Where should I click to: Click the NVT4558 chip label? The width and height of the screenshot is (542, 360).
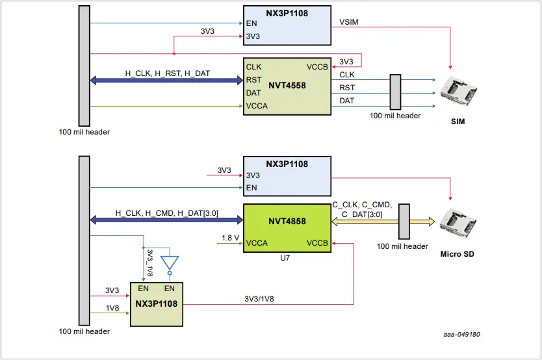[287, 85]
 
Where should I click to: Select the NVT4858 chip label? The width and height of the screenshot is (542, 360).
[287, 221]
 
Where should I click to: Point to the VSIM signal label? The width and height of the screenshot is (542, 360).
[349, 22]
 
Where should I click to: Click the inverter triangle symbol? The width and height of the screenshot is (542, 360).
[170, 263]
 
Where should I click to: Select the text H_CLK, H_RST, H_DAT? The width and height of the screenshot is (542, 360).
[167, 73]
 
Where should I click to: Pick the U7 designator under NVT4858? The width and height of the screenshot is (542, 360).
[286, 259]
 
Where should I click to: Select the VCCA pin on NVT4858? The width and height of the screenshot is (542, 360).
[257, 244]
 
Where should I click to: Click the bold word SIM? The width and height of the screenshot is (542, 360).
[459, 122]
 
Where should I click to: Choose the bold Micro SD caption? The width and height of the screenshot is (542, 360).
[458, 254]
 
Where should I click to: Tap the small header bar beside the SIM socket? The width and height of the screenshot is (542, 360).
[394, 92]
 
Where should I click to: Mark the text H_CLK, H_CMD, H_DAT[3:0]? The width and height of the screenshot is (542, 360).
[167, 212]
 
